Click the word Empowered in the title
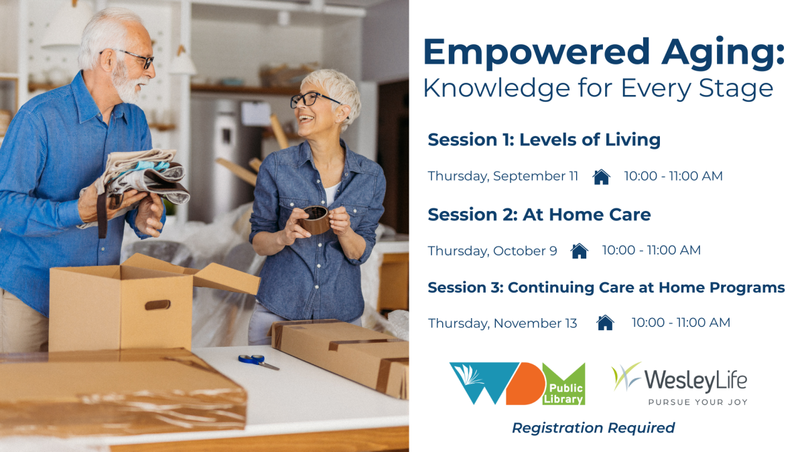537,53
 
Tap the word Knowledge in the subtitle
496,89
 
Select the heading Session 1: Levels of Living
544,139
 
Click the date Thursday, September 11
503,176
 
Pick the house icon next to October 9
580,250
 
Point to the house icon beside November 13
605,323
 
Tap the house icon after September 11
602,177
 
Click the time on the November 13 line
681,323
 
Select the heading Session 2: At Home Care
539,214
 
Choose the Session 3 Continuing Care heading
606,287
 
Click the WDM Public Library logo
517,384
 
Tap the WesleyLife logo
679,384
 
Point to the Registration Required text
594,428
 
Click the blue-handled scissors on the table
259,362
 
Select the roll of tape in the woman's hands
315,220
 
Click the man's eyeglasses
135,58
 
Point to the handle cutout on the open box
157,305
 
